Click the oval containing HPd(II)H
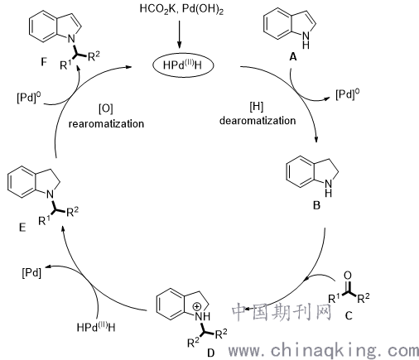tap(183, 65)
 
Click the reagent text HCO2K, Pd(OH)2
tap(181, 9)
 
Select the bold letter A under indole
tap(293, 57)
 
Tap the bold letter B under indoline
tap(316, 205)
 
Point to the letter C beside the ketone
tap(349, 315)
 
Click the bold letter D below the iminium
tap(210, 353)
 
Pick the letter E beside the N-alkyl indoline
tap(22, 228)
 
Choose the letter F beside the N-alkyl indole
tap(44, 62)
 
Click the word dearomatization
tap(258, 121)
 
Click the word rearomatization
tap(106, 123)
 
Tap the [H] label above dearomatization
tap(257, 107)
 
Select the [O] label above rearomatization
tap(106, 109)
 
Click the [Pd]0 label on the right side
tap(348, 94)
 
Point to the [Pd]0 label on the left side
tap(28, 98)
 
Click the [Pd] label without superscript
tap(31, 273)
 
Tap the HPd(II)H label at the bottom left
tap(96, 327)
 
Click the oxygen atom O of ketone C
tap(348, 276)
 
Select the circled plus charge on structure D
tap(196, 306)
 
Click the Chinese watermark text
tap(281, 312)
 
